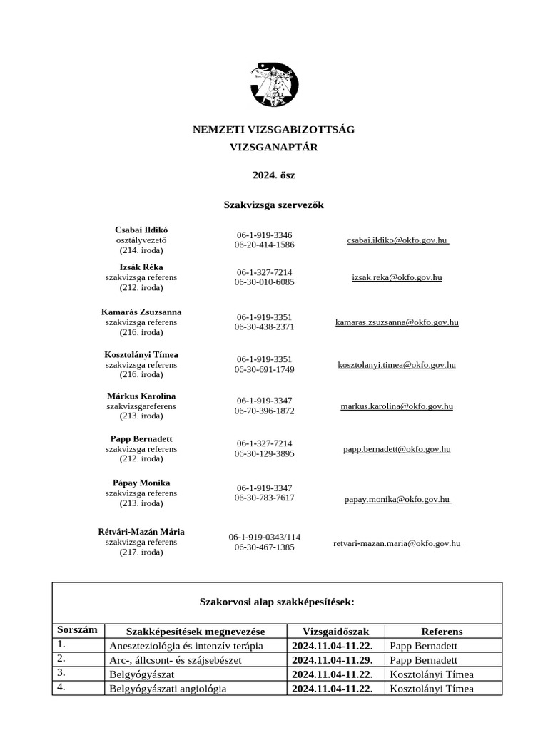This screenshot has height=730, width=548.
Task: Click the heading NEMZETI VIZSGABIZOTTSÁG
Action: click(274, 130)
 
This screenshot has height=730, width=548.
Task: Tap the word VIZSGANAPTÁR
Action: click(274, 148)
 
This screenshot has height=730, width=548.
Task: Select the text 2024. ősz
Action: click(274, 175)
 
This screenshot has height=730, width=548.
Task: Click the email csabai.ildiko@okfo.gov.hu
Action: click(397, 241)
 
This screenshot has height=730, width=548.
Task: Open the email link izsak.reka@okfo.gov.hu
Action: click(397, 277)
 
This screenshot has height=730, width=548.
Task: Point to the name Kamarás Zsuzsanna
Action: click(141, 312)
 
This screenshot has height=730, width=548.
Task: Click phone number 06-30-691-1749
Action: click(264, 369)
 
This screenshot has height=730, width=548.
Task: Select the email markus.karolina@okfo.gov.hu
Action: click(397, 406)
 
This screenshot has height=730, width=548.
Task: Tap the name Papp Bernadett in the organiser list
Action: click(141, 439)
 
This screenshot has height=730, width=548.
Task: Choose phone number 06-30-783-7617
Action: click(264, 498)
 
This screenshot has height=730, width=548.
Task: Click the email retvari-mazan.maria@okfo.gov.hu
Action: click(397, 543)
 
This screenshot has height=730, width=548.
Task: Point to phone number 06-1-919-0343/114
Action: click(265, 537)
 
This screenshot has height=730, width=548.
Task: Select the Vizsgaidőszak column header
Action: click(335, 631)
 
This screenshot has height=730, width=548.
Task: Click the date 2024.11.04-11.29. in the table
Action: click(332, 660)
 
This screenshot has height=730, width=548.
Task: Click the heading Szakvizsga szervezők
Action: click(274, 205)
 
